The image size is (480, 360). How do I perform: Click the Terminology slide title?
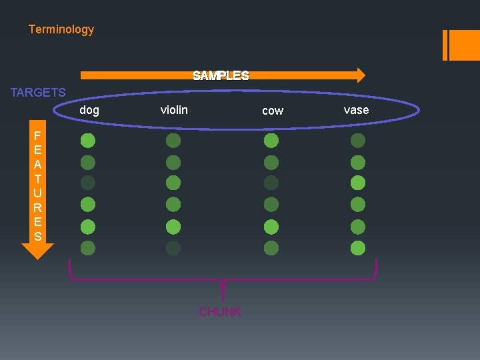[x=61, y=29]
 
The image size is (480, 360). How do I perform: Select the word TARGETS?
[x=38, y=93]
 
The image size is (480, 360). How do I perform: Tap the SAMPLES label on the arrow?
[x=221, y=75]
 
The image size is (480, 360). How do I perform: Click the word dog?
[x=89, y=110]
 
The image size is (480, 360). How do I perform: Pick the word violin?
[x=174, y=109]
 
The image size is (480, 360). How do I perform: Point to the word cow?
[x=273, y=111]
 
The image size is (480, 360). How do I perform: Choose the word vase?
[x=356, y=110]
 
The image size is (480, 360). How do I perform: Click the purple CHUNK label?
[x=220, y=312]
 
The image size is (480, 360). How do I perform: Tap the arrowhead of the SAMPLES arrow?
[x=360, y=75]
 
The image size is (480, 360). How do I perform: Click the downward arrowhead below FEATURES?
[x=37, y=251]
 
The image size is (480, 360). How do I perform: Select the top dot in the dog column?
[x=88, y=141]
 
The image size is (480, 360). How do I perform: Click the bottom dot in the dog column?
[x=88, y=248]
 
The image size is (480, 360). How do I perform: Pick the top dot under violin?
[x=173, y=141]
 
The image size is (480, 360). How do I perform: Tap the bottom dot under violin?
[x=173, y=248]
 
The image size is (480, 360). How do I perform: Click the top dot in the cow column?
[x=271, y=141]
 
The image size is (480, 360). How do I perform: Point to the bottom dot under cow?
[x=271, y=248]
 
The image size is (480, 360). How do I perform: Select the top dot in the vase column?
[x=358, y=141]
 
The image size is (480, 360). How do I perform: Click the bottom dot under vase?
[x=358, y=248]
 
